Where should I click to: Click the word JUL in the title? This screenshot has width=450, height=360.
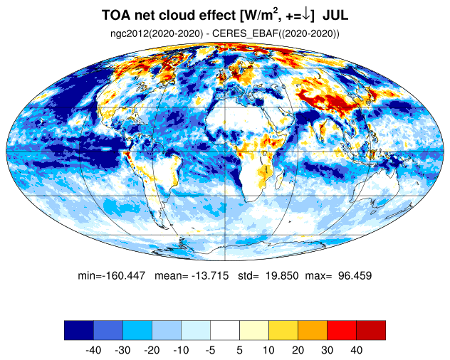(x=335, y=15)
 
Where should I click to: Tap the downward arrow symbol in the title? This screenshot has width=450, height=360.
(x=306, y=15)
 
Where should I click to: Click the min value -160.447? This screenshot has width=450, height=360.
(x=125, y=275)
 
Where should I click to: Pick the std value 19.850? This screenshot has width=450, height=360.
(x=282, y=275)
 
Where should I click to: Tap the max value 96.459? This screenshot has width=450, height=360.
(x=355, y=275)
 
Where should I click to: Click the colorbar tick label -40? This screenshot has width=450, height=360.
(x=93, y=350)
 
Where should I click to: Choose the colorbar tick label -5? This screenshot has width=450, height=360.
(x=210, y=350)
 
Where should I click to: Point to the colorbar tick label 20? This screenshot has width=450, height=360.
(x=298, y=350)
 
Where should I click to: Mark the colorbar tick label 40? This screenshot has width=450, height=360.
(x=356, y=350)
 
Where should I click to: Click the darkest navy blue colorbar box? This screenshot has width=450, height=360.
(x=79, y=330)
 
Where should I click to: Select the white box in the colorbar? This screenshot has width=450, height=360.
(x=225, y=330)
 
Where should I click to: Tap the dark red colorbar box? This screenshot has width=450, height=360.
(x=371, y=330)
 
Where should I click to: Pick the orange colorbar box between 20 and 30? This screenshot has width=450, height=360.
(x=313, y=330)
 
